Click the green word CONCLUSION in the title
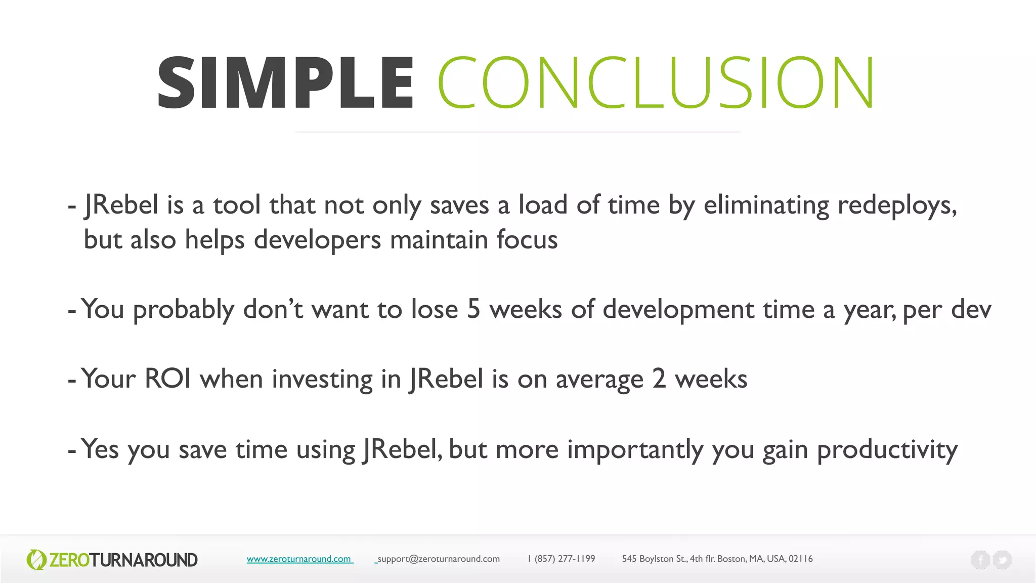(656, 83)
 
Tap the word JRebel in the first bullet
(121, 205)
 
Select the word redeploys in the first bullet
(896, 205)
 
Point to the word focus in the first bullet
(527, 239)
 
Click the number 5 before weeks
(473, 309)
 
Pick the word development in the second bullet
(678, 309)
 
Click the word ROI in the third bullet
(168, 379)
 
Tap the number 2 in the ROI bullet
(659, 379)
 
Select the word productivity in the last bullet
(887, 449)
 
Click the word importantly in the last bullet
(635, 449)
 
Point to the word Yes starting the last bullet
(100, 448)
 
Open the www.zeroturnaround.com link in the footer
(299, 559)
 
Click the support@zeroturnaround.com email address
(439, 559)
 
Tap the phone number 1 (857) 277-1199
(561, 559)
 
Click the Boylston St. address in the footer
(717, 559)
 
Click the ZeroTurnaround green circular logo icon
(36, 560)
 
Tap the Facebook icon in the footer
(980, 560)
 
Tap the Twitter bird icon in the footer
(1002, 560)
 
